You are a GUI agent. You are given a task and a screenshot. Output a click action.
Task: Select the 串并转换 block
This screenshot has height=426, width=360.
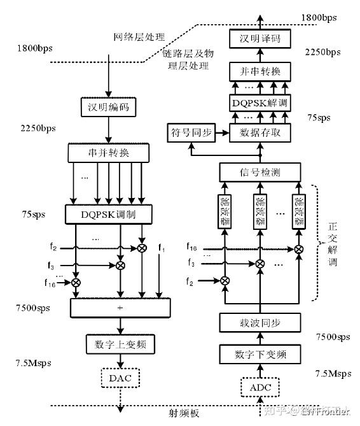[x=108, y=153]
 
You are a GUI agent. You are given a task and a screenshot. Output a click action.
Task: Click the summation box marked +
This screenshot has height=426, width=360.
[x=121, y=308]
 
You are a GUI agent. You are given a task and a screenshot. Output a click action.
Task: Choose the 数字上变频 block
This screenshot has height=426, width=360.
[x=116, y=344]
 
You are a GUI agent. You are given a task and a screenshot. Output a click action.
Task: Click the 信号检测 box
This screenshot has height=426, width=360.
[x=259, y=172]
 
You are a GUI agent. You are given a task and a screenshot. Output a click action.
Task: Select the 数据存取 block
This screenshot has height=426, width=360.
[x=259, y=132]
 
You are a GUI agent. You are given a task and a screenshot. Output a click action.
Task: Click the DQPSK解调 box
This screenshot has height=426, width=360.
[x=259, y=101]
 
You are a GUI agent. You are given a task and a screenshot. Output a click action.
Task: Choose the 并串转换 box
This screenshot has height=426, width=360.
[x=259, y=70]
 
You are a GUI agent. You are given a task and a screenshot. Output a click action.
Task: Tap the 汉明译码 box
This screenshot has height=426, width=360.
[x=259, y=39]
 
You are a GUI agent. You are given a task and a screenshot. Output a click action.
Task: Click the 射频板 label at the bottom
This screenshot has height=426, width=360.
[x=185, y=413]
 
